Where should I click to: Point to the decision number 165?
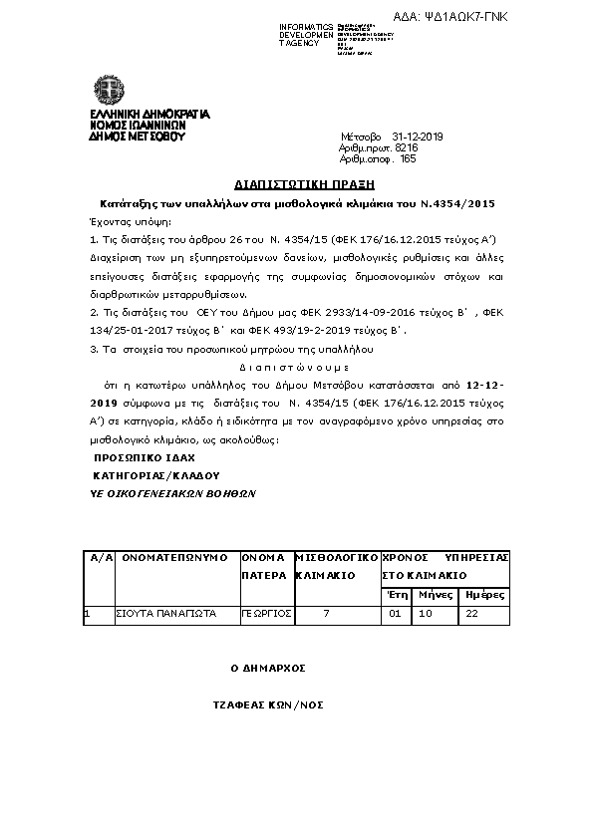407,157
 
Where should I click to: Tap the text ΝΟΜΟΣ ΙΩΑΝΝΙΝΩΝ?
138,126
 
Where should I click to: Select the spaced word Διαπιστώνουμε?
296,366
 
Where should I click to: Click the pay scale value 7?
327,614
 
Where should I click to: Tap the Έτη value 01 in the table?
394,614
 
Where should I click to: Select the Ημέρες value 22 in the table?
472,614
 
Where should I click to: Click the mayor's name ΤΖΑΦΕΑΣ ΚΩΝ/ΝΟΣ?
267,703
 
